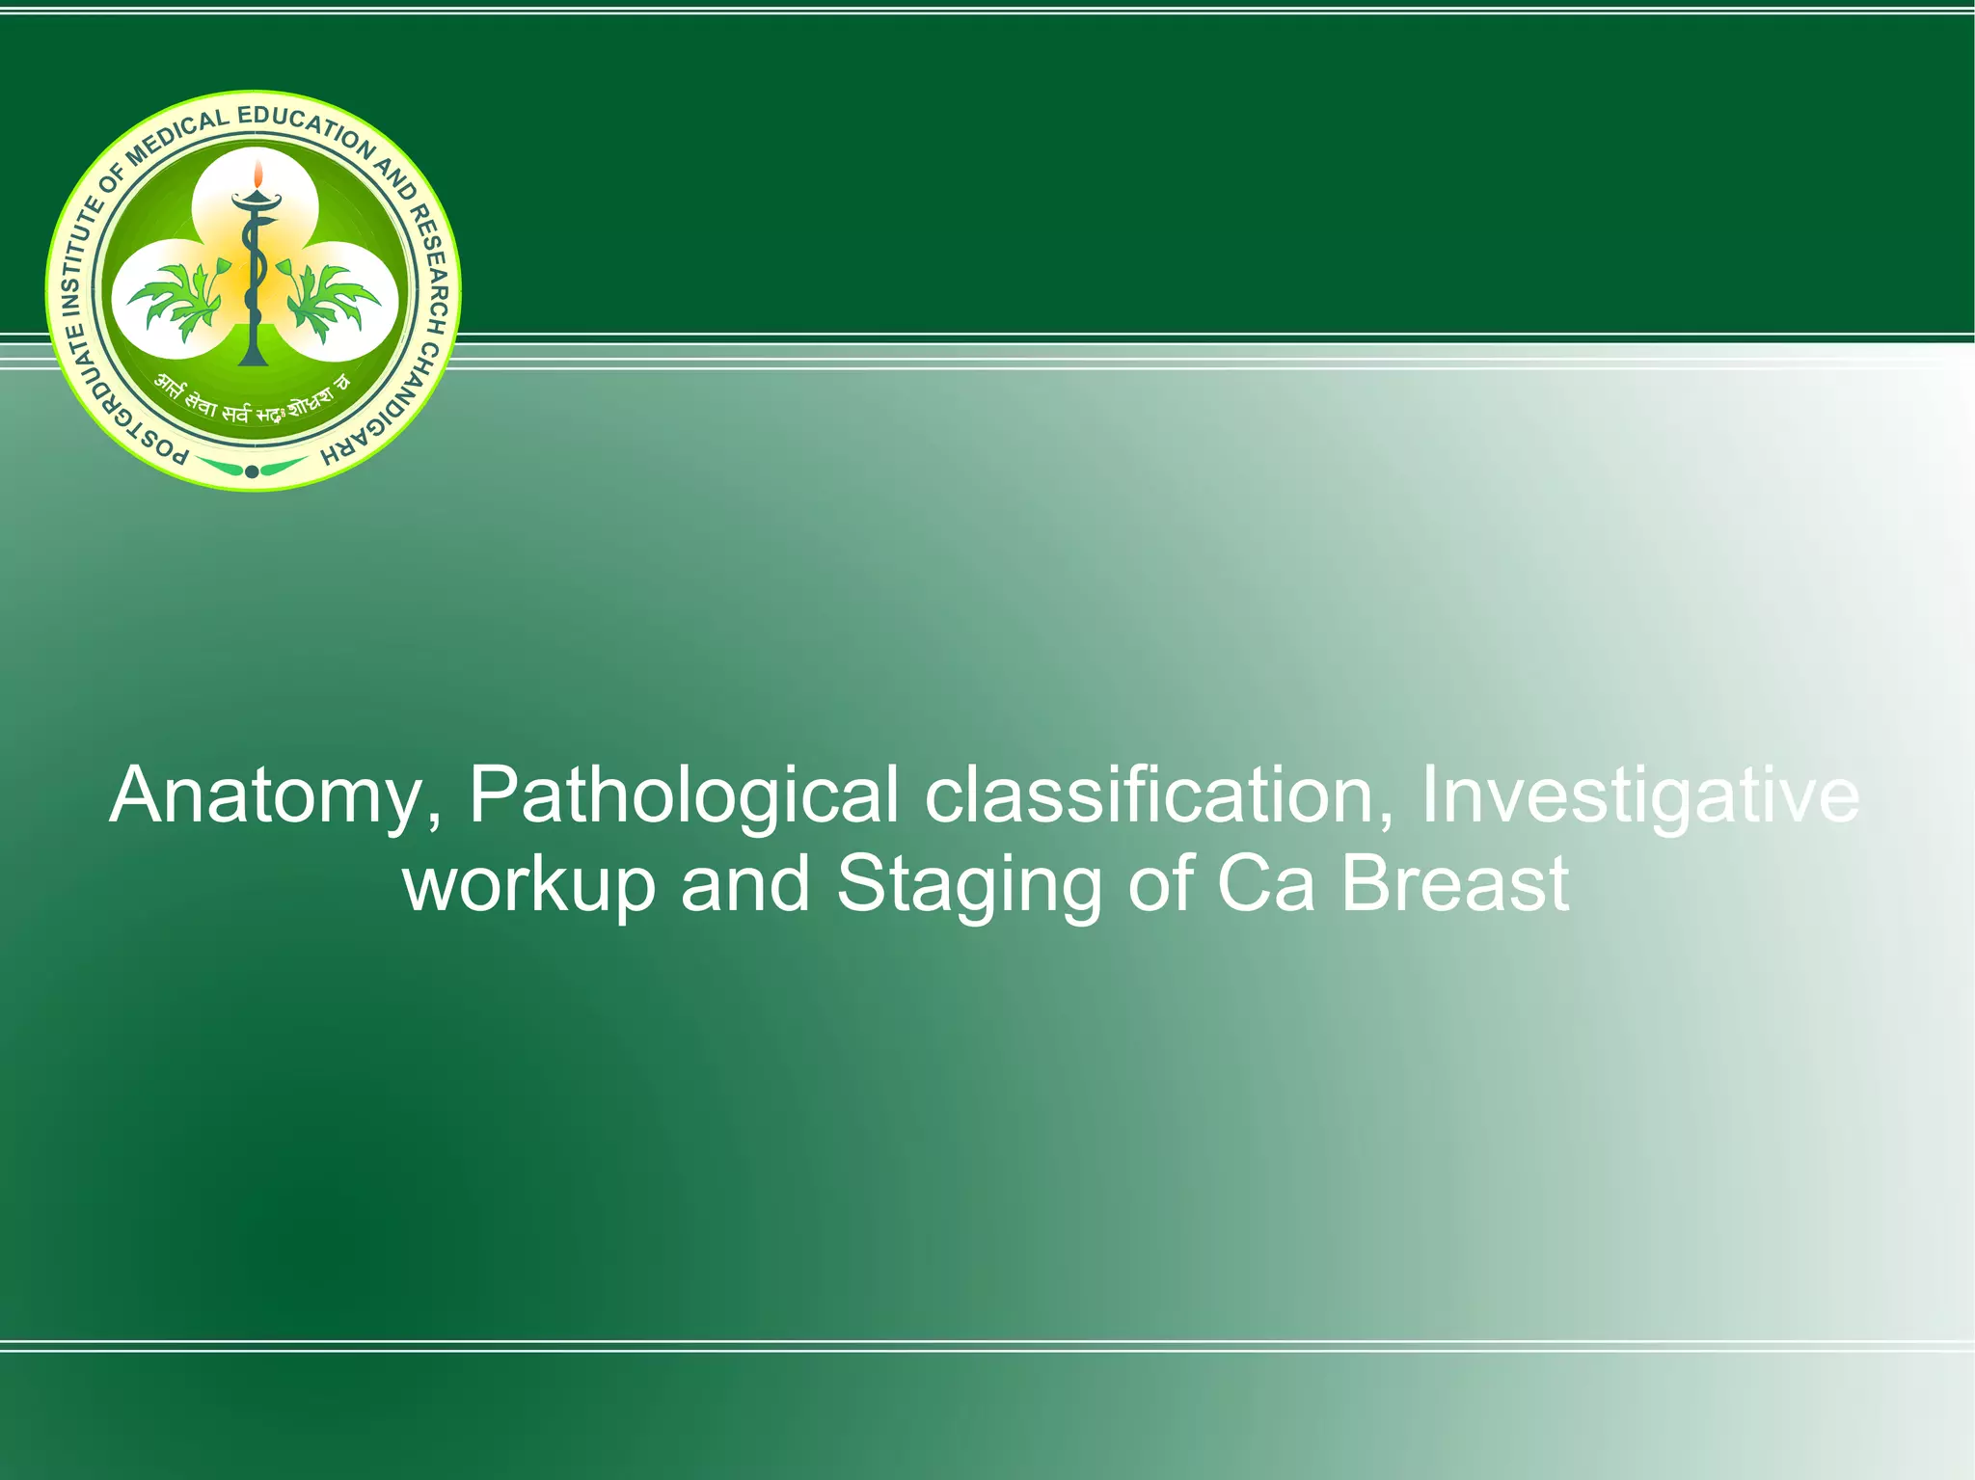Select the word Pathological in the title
(684, 796)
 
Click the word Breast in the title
(1454, 884)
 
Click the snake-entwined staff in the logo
(254, 280)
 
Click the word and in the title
(744, 884)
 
